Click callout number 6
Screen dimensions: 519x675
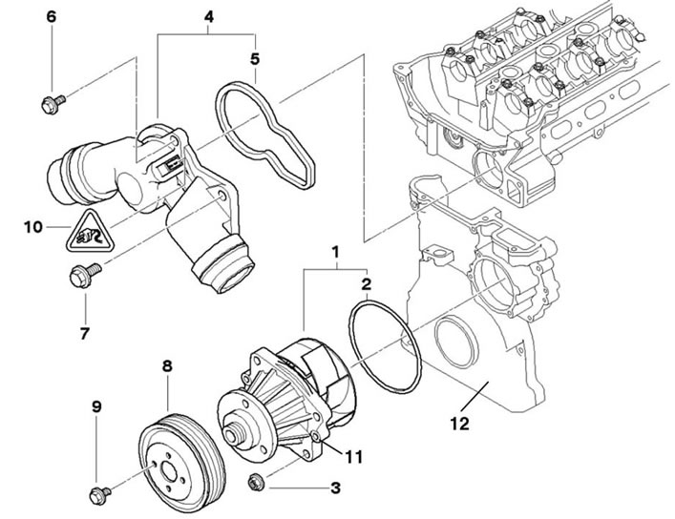pos(52,17)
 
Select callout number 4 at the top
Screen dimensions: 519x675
pos(209,17)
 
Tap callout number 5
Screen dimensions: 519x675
pos(255,58)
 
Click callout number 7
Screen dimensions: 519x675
pos(84,333)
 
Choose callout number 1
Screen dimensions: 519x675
pos(335,253)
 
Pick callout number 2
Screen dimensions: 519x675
pos(365,284)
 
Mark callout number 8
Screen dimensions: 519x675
pos(167,365)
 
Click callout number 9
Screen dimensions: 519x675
pos(95,407)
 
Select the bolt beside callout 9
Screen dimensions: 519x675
pos(97,493)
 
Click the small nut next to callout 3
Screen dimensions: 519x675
pos(256,478)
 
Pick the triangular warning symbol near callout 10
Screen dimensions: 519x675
pos(87,234)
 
